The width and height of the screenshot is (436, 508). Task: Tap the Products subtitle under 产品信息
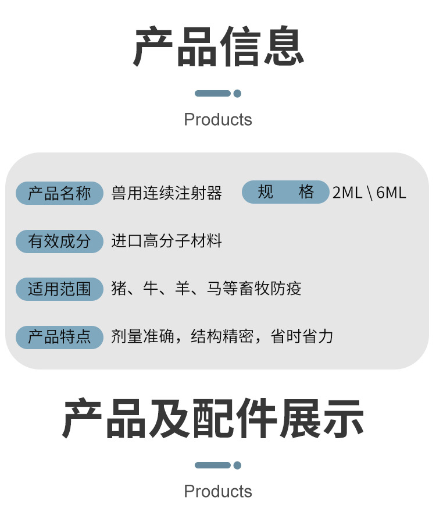coord(218,120)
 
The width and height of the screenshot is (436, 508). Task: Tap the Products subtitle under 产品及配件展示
coord(218,491)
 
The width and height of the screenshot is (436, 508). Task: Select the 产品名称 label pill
coord(59,193)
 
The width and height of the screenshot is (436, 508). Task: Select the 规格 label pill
coord(285,192)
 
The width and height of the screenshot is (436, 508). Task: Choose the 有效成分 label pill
coord(59,241)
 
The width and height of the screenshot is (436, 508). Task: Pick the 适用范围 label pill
coord(59,289)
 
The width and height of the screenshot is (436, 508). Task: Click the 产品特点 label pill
coord(59,336)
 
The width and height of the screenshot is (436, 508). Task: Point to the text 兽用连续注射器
coord(167,193)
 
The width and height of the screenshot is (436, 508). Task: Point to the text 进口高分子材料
coord(167,241)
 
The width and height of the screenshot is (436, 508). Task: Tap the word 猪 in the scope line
coord(119,289)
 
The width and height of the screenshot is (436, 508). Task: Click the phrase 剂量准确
coord(143,336)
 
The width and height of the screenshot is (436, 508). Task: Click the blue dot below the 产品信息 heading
coord(237,93)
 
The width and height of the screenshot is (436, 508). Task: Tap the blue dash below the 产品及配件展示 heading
coord(213,465)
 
